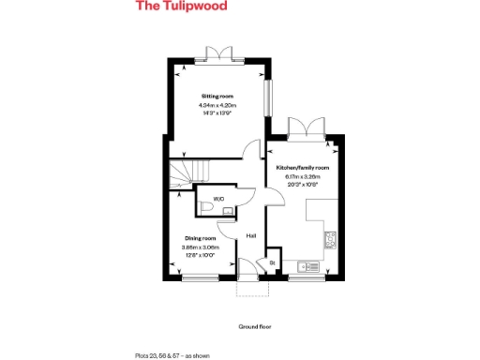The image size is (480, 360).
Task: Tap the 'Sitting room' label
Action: coord(217,97)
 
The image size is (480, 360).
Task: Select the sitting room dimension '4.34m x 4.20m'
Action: coord(217,105)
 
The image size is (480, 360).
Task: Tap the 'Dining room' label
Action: coord(201,239)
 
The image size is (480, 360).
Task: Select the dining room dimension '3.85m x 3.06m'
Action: coord(201,247)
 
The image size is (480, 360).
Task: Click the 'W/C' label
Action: coord(218,199)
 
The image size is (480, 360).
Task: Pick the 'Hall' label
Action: coord(250,235)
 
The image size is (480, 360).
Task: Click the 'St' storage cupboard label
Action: coord(272,263)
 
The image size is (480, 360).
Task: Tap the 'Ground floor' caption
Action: coord(254,327)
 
